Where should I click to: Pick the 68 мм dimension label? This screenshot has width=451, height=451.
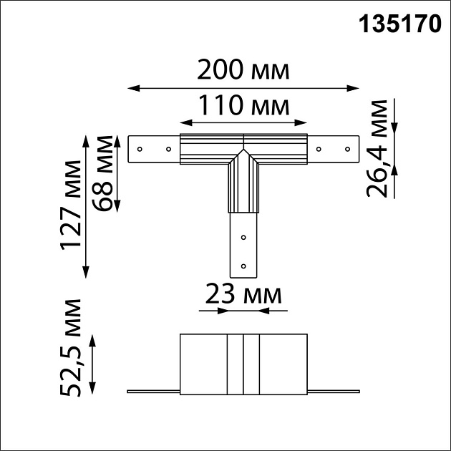pyautogui.click(x=105, y=173)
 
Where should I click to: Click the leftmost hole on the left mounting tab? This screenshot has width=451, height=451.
pyautogui.click(x=140, y=150)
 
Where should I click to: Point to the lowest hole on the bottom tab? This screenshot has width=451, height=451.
pyautogui.click(x=243, y=266)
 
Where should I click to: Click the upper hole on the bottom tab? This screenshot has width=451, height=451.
pyautogui.click(x=243, y=237)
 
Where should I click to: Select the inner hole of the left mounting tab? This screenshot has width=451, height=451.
pyautogui.click(x=168, y=150)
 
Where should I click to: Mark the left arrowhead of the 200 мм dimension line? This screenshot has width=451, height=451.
pyautogui.click(x=131, y=88)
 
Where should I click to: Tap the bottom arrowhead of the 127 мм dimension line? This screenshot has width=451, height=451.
pyautogui.click(x=87, y=273)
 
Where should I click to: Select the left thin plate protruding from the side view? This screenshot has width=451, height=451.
pyautogui.click(x=152, y=392)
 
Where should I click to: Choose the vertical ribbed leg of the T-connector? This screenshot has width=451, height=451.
pyautogui.click(x=243, y=186)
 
